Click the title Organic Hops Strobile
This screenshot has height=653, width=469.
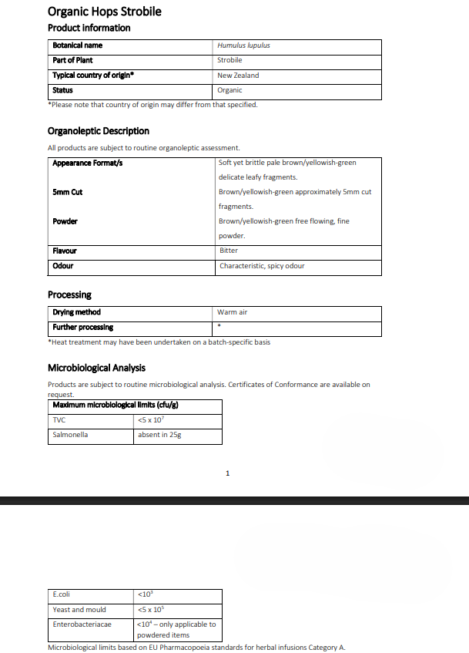[x=104, y=12]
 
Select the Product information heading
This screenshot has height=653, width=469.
[x=89, y=29]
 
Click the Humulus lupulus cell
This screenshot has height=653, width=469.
[x=243, y=45]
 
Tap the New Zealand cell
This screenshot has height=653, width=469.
[x=238, y=76]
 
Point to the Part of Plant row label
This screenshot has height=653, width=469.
[x=74, y=60]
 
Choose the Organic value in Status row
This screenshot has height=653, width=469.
[x=230, y=90]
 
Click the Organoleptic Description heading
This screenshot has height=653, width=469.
[x=99, y=131]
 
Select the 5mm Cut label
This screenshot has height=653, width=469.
[x=68, y=192]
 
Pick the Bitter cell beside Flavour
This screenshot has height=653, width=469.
[x=229, y=251]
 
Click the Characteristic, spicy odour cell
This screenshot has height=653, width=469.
[x=262, y=266]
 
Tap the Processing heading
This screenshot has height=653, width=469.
[x=69, y=295]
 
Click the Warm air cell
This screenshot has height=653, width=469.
[x=233, y=313]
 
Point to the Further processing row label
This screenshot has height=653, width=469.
[x=82, y=328]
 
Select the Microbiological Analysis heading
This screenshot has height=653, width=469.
[x=96, y=368]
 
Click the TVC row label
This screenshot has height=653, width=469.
[x=59, y=420]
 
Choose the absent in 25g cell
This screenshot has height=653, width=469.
[x=159, y=435]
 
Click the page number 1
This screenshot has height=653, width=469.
[x=228, y=473]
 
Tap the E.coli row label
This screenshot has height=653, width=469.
[x=62, y=594]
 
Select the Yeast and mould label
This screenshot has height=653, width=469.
[x=79, y=610]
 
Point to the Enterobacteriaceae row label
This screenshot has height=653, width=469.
[x=82, y=624]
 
